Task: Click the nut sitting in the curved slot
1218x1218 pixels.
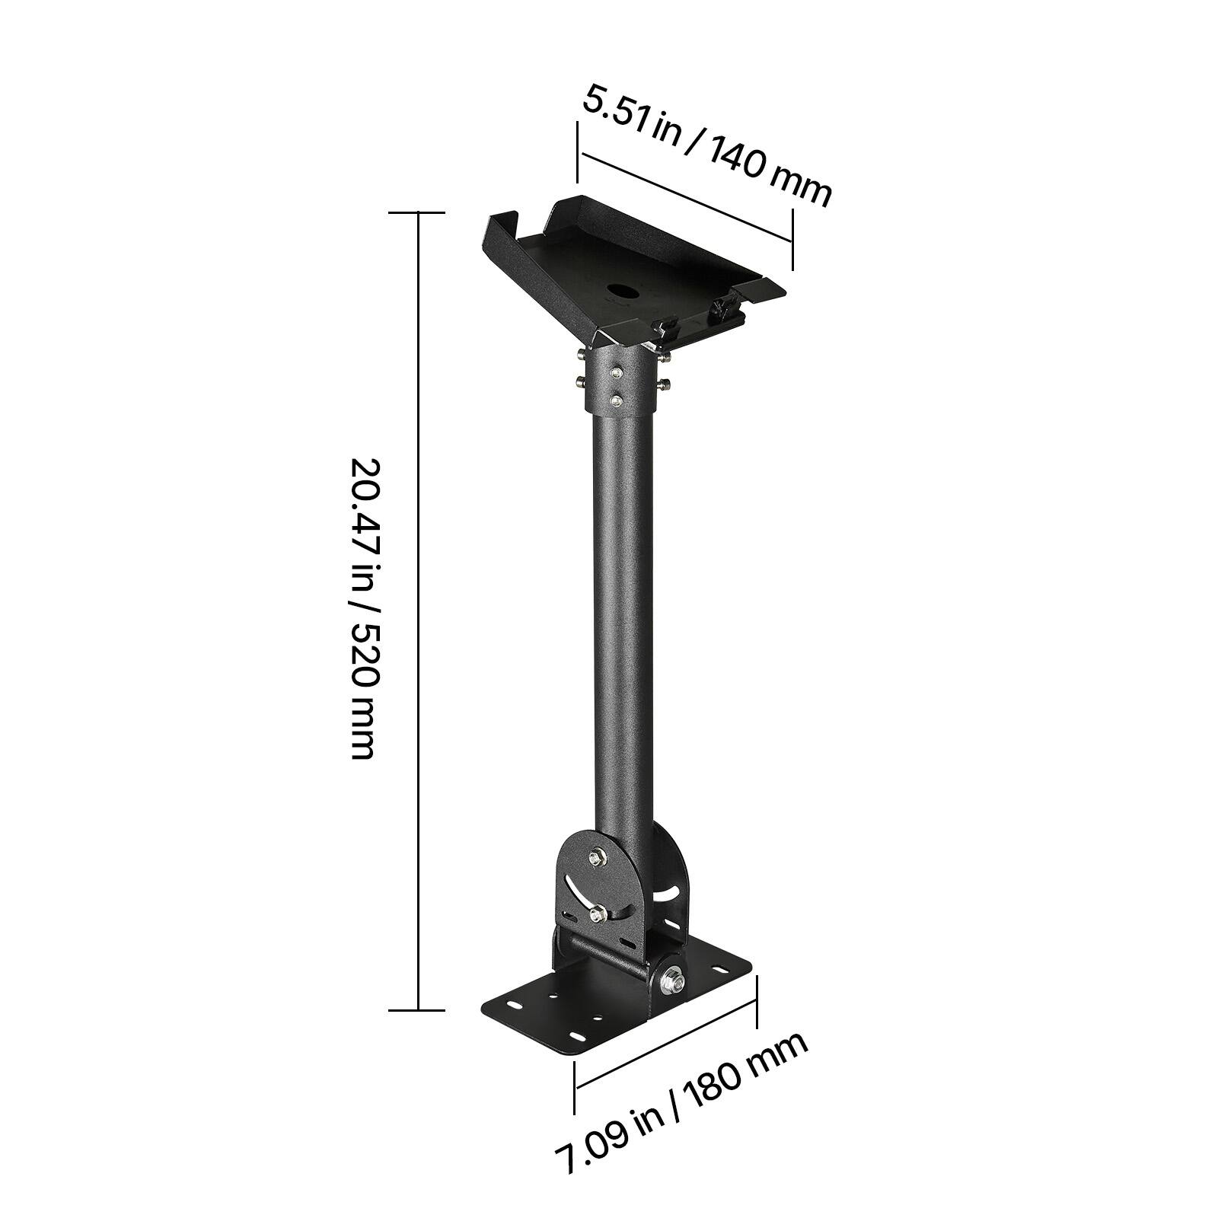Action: click(x=598, y=911)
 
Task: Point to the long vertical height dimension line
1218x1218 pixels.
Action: click(x=417, y=609)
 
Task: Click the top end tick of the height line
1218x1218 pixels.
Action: click(x=417, y=213)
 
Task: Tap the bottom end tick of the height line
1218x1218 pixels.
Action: click(x=417, y=1010)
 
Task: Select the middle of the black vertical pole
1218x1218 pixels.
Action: click(x=620, y=609)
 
